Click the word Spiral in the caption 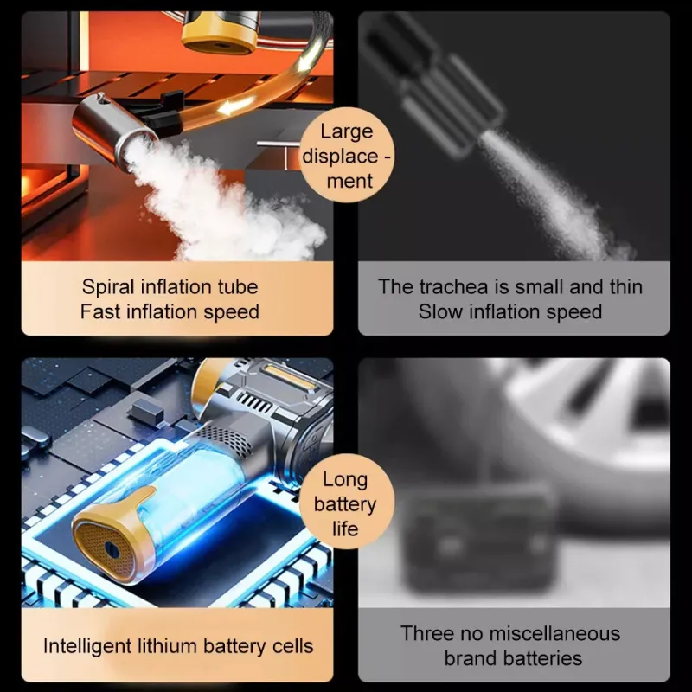tap(107, 288)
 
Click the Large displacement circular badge tap(347, 155)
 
